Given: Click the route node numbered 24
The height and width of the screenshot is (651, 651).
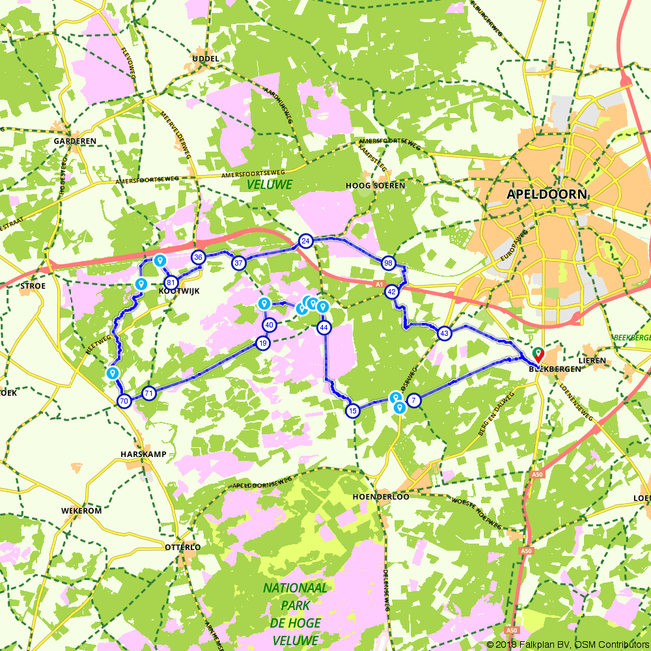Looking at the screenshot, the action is click(305, 242).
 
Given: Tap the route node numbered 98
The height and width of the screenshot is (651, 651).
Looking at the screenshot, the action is click(389, 263).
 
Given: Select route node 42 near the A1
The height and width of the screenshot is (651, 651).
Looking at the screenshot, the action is click(392, 292).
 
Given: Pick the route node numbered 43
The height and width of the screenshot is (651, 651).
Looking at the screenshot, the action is click(445, 333).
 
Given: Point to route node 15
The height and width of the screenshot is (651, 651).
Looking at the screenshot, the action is click(353, 410).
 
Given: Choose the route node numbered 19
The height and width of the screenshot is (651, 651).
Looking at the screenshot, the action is click(263, 343).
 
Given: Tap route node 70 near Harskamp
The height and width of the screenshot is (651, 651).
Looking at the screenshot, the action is click(124, 401).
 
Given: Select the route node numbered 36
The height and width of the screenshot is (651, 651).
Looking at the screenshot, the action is click(199, 257).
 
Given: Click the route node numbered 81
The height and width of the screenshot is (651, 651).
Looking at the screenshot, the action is click(171, 283).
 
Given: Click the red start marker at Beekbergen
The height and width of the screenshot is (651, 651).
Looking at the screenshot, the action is click(538, 354).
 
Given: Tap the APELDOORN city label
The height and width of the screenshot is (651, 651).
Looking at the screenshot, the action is click(547, 194).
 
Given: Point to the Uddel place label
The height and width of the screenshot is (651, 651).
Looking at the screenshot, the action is click(205, 59).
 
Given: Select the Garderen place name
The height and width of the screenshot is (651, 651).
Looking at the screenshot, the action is click(75, 141).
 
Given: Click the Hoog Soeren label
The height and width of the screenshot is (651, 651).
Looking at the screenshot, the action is click(375, 186).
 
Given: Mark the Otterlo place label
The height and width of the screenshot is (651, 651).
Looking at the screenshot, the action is click(182, 547).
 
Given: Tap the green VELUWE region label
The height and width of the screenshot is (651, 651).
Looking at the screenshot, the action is click(270, 185).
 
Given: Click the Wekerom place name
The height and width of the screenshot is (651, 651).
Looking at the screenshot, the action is click(81, 511).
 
